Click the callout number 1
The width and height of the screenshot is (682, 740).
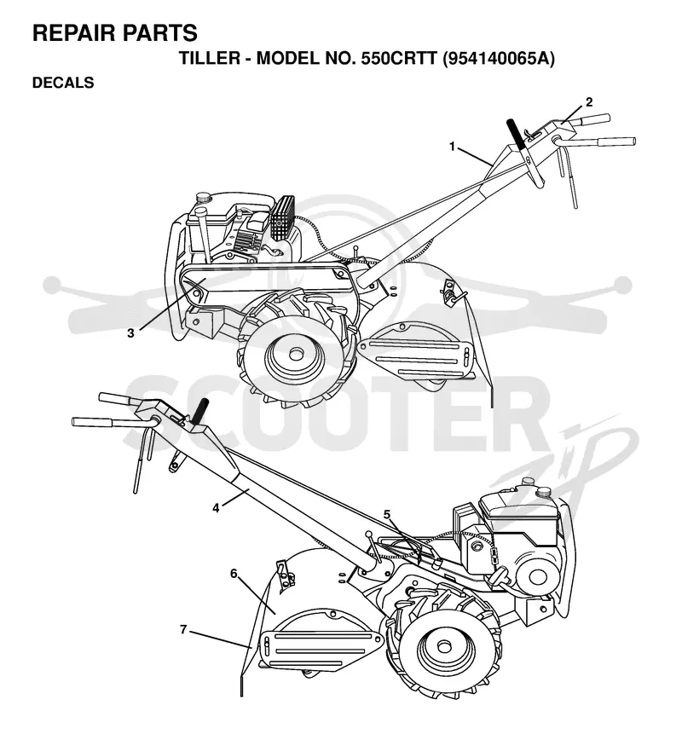[x=452, y=147]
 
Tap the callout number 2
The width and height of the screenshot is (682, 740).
[x=589, y=102]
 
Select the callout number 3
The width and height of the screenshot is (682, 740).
[x=130, y=333]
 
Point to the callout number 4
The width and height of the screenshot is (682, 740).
[x=216, y=508]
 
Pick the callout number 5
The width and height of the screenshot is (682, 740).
[x=387, y=514]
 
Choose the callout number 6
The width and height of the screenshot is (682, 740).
[x=234, y=574]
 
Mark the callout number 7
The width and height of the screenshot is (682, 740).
[x=183, y=629]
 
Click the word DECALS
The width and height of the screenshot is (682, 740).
[x=63, y=83]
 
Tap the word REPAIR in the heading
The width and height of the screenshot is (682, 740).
[x=73, y=33]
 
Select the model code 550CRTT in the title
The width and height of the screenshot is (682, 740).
[x=399, y=59]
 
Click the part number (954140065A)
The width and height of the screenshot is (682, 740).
[x=499, y=59]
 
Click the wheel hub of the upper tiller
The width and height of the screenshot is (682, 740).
[x=297, y=353]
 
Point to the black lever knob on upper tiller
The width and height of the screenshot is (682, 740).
[x=516, y=134]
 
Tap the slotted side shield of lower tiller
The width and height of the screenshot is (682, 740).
[x=321, y=649]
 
